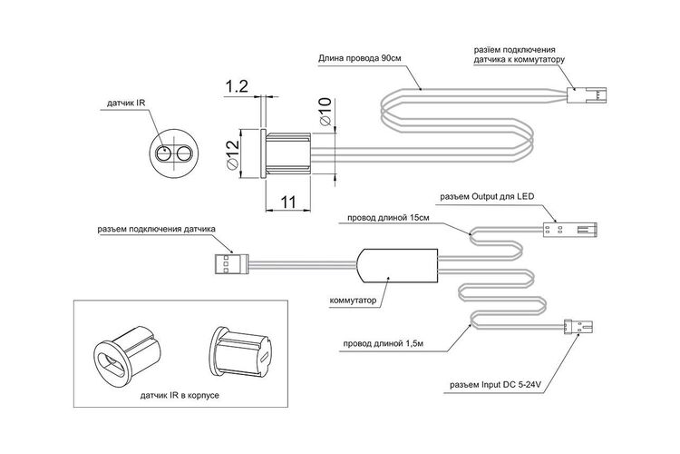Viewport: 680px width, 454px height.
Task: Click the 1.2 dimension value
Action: (236, 87)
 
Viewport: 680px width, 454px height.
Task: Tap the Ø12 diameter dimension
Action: (232, 154)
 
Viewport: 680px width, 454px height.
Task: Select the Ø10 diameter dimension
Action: (325, 112)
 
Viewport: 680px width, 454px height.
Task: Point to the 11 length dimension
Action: (288, 202)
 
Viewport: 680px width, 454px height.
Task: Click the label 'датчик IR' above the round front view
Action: (126, 103)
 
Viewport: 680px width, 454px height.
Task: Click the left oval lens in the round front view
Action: (164, 154)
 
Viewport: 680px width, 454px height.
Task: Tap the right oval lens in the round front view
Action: (184, 154)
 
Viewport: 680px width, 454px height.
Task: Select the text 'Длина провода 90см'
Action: (360, 58)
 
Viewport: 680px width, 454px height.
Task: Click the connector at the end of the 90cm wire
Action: (587, 95)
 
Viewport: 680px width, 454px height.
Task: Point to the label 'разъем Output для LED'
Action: (487, 197)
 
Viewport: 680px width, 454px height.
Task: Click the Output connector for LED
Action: (570, 229)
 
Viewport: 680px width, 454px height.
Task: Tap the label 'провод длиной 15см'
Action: (388, 218)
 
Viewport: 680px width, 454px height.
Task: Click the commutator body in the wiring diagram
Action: (397, 265)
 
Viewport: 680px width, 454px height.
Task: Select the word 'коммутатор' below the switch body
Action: (353, 301)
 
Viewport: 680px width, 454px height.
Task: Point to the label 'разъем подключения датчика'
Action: (156, 229)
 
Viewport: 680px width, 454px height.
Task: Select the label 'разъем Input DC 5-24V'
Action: (497, 384)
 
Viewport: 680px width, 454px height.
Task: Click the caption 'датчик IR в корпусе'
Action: (180, 396)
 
